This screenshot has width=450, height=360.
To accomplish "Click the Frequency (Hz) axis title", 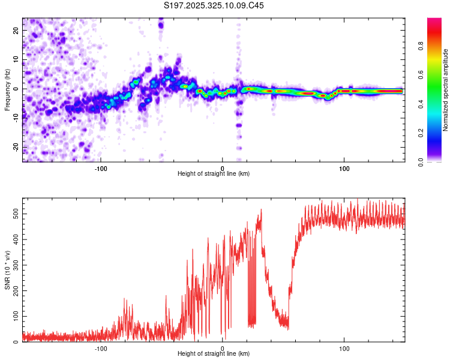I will point(7,89).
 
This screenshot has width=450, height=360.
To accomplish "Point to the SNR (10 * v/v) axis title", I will point(7,271).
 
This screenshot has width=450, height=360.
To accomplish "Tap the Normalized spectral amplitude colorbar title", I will point(446,89).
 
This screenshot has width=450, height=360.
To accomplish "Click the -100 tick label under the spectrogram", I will point(101,168).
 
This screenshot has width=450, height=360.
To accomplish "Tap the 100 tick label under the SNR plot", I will point(344,349).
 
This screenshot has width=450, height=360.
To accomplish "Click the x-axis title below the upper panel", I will point(214,174).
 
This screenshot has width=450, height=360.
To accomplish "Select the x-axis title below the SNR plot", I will point(214,355).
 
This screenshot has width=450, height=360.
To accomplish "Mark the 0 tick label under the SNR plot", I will point(223,349).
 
